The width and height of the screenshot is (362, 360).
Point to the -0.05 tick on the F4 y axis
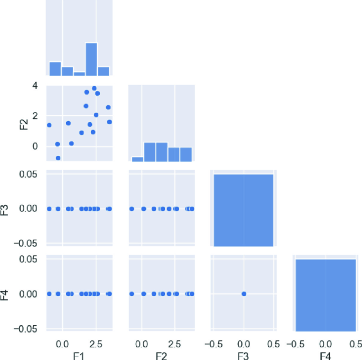tap(30, 328)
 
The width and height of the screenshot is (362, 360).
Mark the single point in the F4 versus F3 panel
tap(244, 293)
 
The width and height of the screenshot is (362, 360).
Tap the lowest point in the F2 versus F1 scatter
tap(58, 158)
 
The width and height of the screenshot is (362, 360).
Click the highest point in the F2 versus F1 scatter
tap(94, 88)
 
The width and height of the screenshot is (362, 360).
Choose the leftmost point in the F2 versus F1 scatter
tap(49, 125)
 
